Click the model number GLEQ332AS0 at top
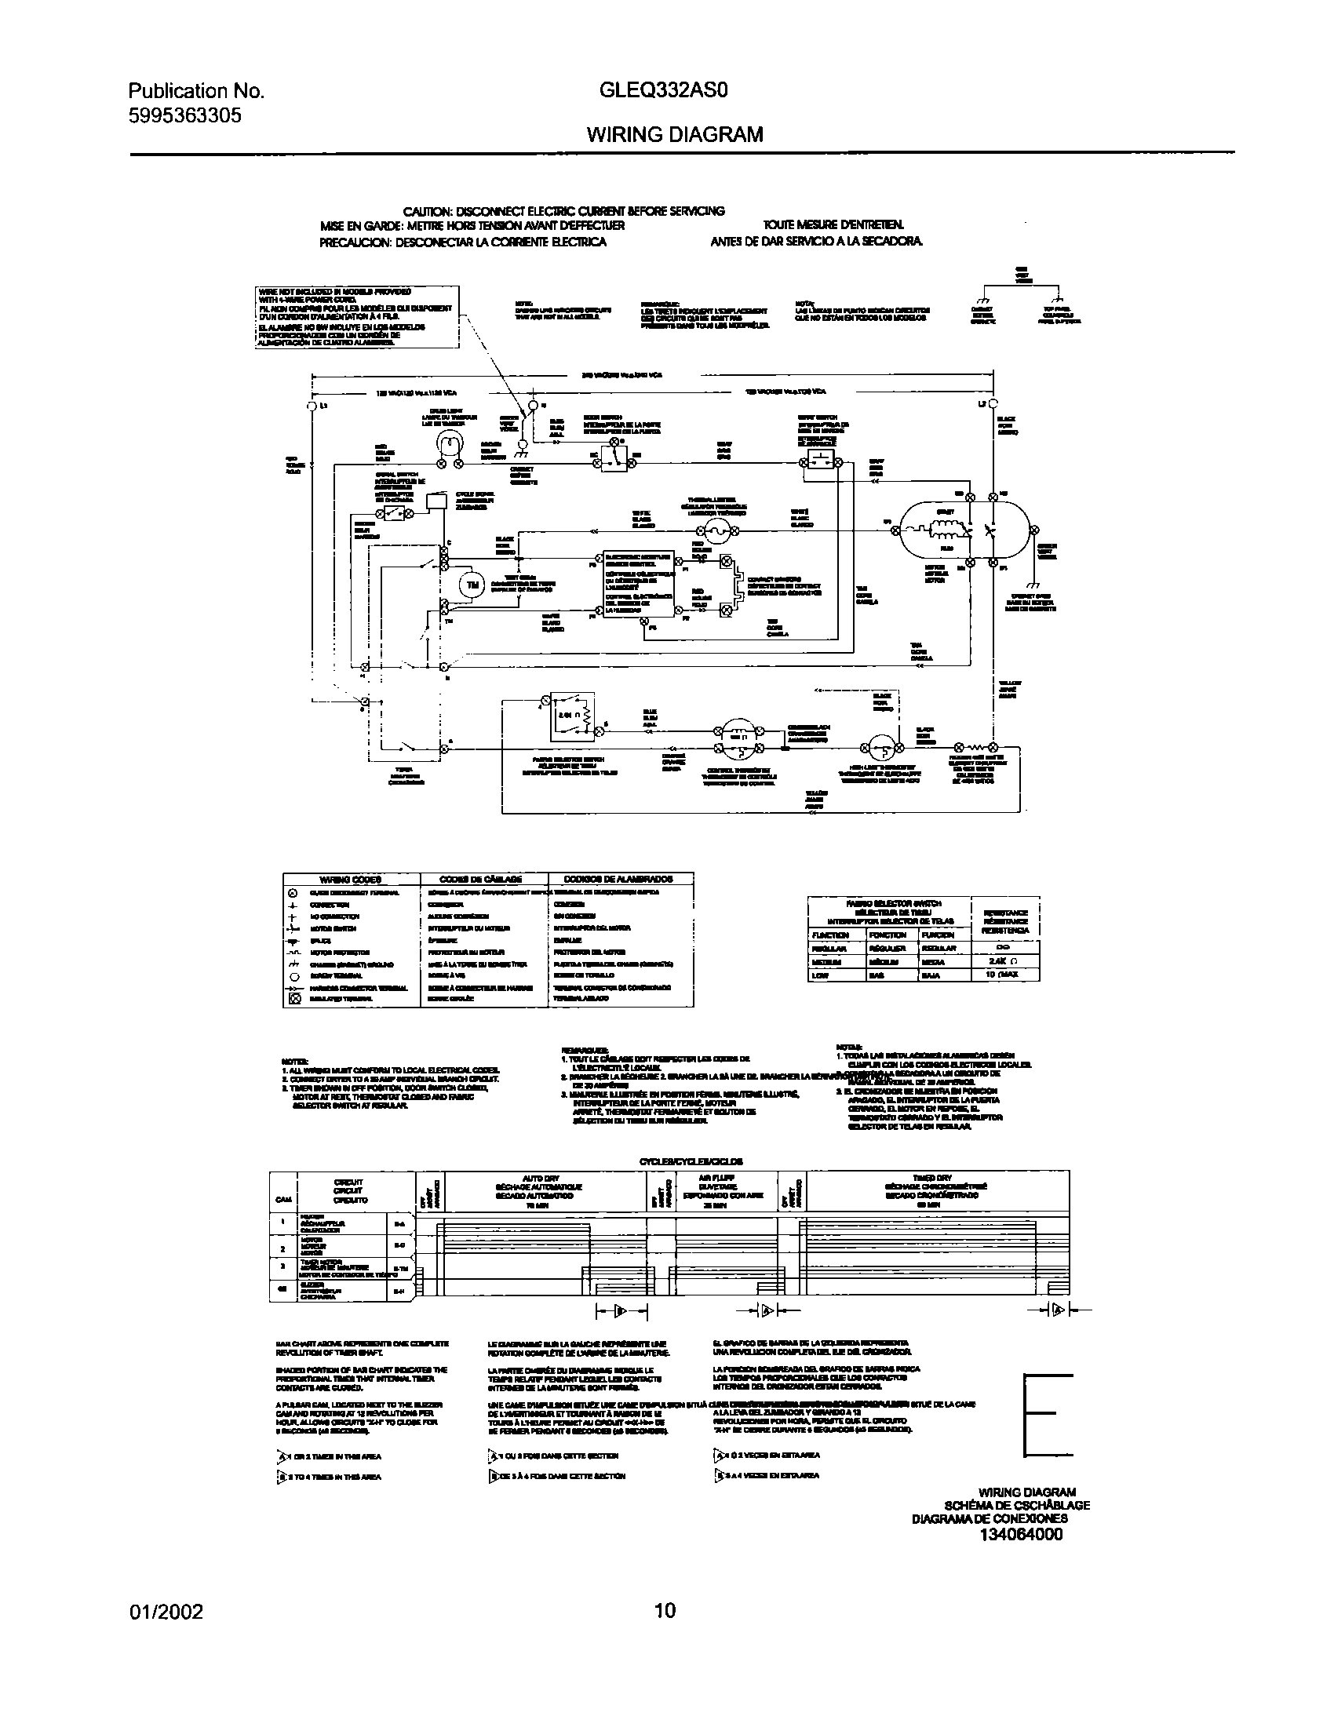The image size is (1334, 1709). (664, 91)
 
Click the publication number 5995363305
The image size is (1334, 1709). (184, 115)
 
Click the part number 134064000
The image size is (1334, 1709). (1021, 1556)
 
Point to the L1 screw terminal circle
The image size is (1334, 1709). (312, 406)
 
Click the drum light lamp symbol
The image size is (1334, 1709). (448, 446)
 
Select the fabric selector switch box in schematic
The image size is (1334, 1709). (572, 716)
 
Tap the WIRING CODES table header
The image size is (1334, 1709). (351, 879)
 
